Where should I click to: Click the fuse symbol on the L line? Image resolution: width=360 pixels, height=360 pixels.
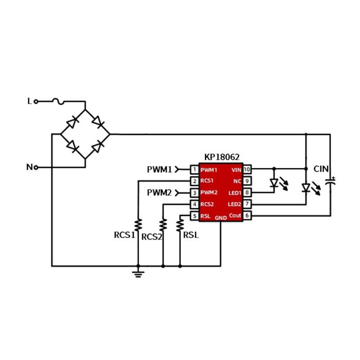tap(58, 101)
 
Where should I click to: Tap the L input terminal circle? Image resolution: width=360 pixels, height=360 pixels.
tap(36, 101)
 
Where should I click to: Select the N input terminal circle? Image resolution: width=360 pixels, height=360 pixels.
tap(36, 167)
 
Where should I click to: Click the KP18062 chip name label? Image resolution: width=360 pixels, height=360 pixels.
tap(222, 157)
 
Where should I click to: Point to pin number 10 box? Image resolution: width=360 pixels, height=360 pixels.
tap(247, 170)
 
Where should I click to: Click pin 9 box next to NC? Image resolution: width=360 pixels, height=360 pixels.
tap(247, 181)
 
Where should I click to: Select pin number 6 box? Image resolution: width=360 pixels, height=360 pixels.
tap(247, 216)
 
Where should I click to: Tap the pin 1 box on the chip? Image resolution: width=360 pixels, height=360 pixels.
tap(194, 170)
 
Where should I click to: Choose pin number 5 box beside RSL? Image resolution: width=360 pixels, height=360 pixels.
tap(194, 216)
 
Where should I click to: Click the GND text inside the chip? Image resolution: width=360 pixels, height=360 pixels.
tap(220, 218)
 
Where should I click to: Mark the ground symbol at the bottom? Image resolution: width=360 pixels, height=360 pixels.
tap(138, 274)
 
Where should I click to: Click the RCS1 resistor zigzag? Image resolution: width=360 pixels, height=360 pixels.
tap(138, 225)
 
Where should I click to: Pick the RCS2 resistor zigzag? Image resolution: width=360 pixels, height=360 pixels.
tap(163, 225)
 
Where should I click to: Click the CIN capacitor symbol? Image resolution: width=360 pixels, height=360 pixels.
tap(330, 182)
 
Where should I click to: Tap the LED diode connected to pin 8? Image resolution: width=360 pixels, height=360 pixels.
tap(274, 183)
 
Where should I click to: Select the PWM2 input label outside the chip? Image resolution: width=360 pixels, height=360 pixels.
tap(159, 193)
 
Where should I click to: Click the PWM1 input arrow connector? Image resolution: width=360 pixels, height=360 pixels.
tap(177, 170)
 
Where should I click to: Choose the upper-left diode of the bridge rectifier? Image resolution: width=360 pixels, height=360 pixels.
tap(72, 122)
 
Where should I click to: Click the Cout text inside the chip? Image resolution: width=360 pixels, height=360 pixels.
tap(235, 216)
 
